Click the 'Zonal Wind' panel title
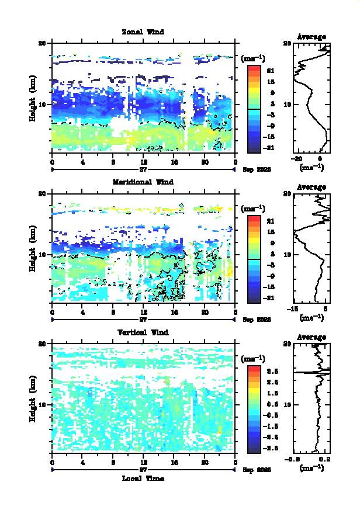point(143,32)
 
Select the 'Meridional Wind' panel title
point(143,182)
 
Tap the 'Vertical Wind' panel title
point(143,332)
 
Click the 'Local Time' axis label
point(143,478)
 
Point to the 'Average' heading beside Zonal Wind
point(311,37)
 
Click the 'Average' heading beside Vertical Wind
point(311,337)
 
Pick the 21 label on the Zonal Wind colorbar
point(271,71)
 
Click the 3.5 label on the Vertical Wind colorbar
point(272,371)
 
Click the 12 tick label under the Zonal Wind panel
point(144,162)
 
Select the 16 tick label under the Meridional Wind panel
point(174,313)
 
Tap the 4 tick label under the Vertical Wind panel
point(82,463)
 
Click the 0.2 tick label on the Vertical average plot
point(329,459)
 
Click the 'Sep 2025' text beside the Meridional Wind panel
point(257,320)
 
